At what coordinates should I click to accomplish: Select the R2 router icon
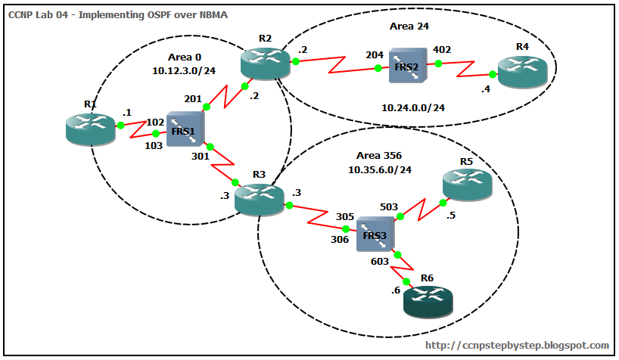pos(265,62)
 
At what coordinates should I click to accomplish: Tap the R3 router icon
pos(258,199)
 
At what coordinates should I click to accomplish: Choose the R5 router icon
pos(467,183)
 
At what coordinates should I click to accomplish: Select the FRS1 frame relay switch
pos(185,131)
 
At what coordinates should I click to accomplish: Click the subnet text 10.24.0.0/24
pos(412,107)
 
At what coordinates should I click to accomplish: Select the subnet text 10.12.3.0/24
pos(185,70)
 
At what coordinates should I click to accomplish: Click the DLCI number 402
pos(441,50)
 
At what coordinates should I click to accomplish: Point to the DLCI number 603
pos(380,262)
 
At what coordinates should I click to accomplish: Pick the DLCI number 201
pos(193,99)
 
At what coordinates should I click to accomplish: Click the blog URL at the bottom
pos(518,345)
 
